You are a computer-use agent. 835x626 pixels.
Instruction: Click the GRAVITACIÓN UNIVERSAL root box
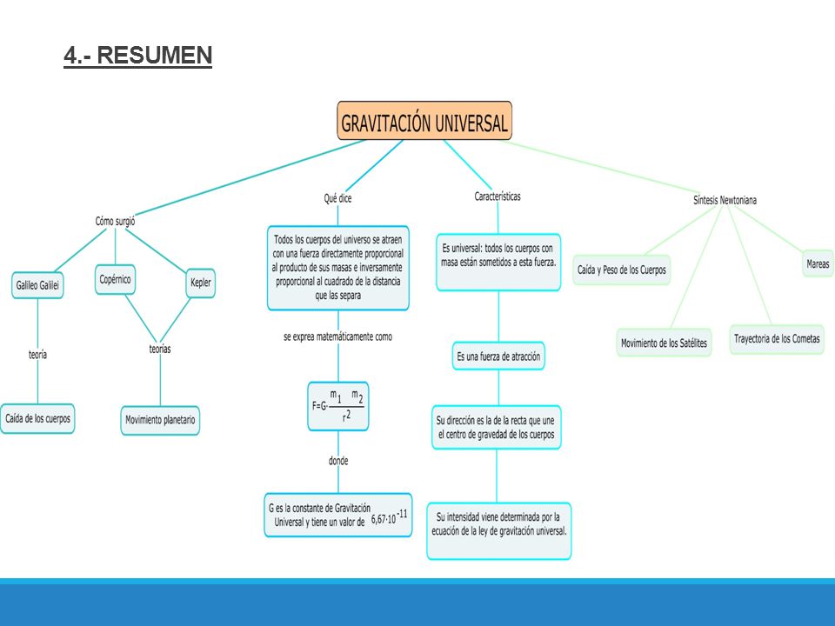[424, 122]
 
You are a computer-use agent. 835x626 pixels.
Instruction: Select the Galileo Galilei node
[37, 285]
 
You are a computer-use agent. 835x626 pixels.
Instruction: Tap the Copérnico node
[115, 279]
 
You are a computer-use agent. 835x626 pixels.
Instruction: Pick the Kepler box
[201, 283]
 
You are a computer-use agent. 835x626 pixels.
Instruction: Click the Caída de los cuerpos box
[37, 419]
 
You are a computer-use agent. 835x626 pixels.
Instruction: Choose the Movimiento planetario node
[160, 421]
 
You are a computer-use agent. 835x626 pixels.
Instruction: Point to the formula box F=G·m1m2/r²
[338, 406]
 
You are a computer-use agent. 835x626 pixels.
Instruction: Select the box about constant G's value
[338, 516]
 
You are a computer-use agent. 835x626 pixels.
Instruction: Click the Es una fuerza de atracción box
[498, 356]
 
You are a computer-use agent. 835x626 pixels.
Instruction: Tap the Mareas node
[818, 264]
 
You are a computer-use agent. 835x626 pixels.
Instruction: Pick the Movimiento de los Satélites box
[664, 343]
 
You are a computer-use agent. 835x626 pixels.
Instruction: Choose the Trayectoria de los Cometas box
[777, 339]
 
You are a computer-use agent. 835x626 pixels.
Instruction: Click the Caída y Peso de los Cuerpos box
[621, 270]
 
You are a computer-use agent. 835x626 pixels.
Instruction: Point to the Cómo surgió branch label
[115, 221]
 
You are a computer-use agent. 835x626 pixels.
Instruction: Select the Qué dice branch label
[337, 198]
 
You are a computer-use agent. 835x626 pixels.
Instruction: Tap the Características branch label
[498, 196]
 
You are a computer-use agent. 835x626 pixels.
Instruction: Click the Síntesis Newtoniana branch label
[725, 200]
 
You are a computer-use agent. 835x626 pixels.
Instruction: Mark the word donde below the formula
[338, 461]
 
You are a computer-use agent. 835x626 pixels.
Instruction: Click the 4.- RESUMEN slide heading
[138, 56]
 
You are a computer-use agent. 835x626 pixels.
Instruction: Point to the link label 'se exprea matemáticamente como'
[338, 337]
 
